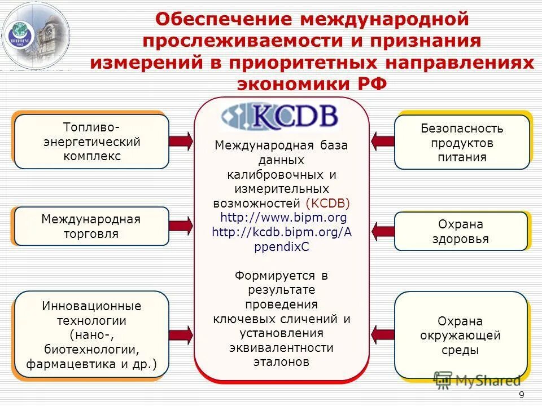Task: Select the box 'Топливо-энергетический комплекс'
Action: (x=91, y=142)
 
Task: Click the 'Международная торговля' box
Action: (x=91, y=226)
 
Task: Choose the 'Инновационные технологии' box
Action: (x=91, y=335)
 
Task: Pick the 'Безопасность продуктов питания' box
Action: (x=462, y=142)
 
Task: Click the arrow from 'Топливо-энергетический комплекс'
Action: (x=181, y=141)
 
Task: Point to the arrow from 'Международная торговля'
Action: (x=181, y=226)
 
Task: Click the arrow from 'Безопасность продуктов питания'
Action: (x=383, y=142)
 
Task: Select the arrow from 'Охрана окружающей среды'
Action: (x=383, y=335)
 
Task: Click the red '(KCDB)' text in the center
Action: (x=327, y=203)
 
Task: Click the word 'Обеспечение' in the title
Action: (x=225, y=19)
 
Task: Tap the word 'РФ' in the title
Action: (x=372, y=83)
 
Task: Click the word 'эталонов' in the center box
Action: (x=281, y=362)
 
